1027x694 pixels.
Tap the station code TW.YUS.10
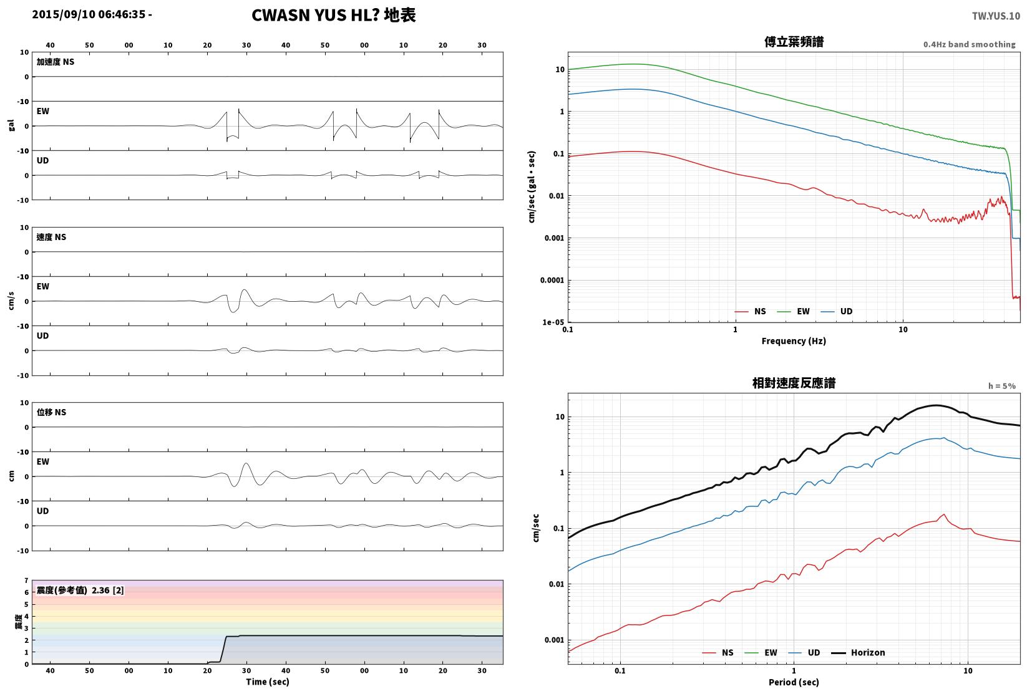pos(996,16)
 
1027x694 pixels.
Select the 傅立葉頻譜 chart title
pos(794,42)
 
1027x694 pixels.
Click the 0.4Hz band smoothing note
pos(969,44)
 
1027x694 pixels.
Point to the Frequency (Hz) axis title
pos(794,341)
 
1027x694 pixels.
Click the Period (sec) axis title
pos(794,682)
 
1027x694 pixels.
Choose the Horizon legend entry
pos(859,652)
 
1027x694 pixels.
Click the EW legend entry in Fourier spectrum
pos(794,312)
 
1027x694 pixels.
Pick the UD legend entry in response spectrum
pos(804,652)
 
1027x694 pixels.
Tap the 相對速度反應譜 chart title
pos(794,383)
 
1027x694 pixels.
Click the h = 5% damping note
pos(1002,386)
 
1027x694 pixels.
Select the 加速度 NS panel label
pos(55,62)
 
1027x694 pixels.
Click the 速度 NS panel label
pos(51,238)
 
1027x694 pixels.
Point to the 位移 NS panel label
pos(51,412)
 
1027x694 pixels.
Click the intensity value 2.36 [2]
pos(108,590)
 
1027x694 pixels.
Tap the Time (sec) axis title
pos(268,682)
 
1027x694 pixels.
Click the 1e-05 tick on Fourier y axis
pos(553,322)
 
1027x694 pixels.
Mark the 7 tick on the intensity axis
pos(27,581)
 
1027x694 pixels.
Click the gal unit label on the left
pos(11,125)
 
